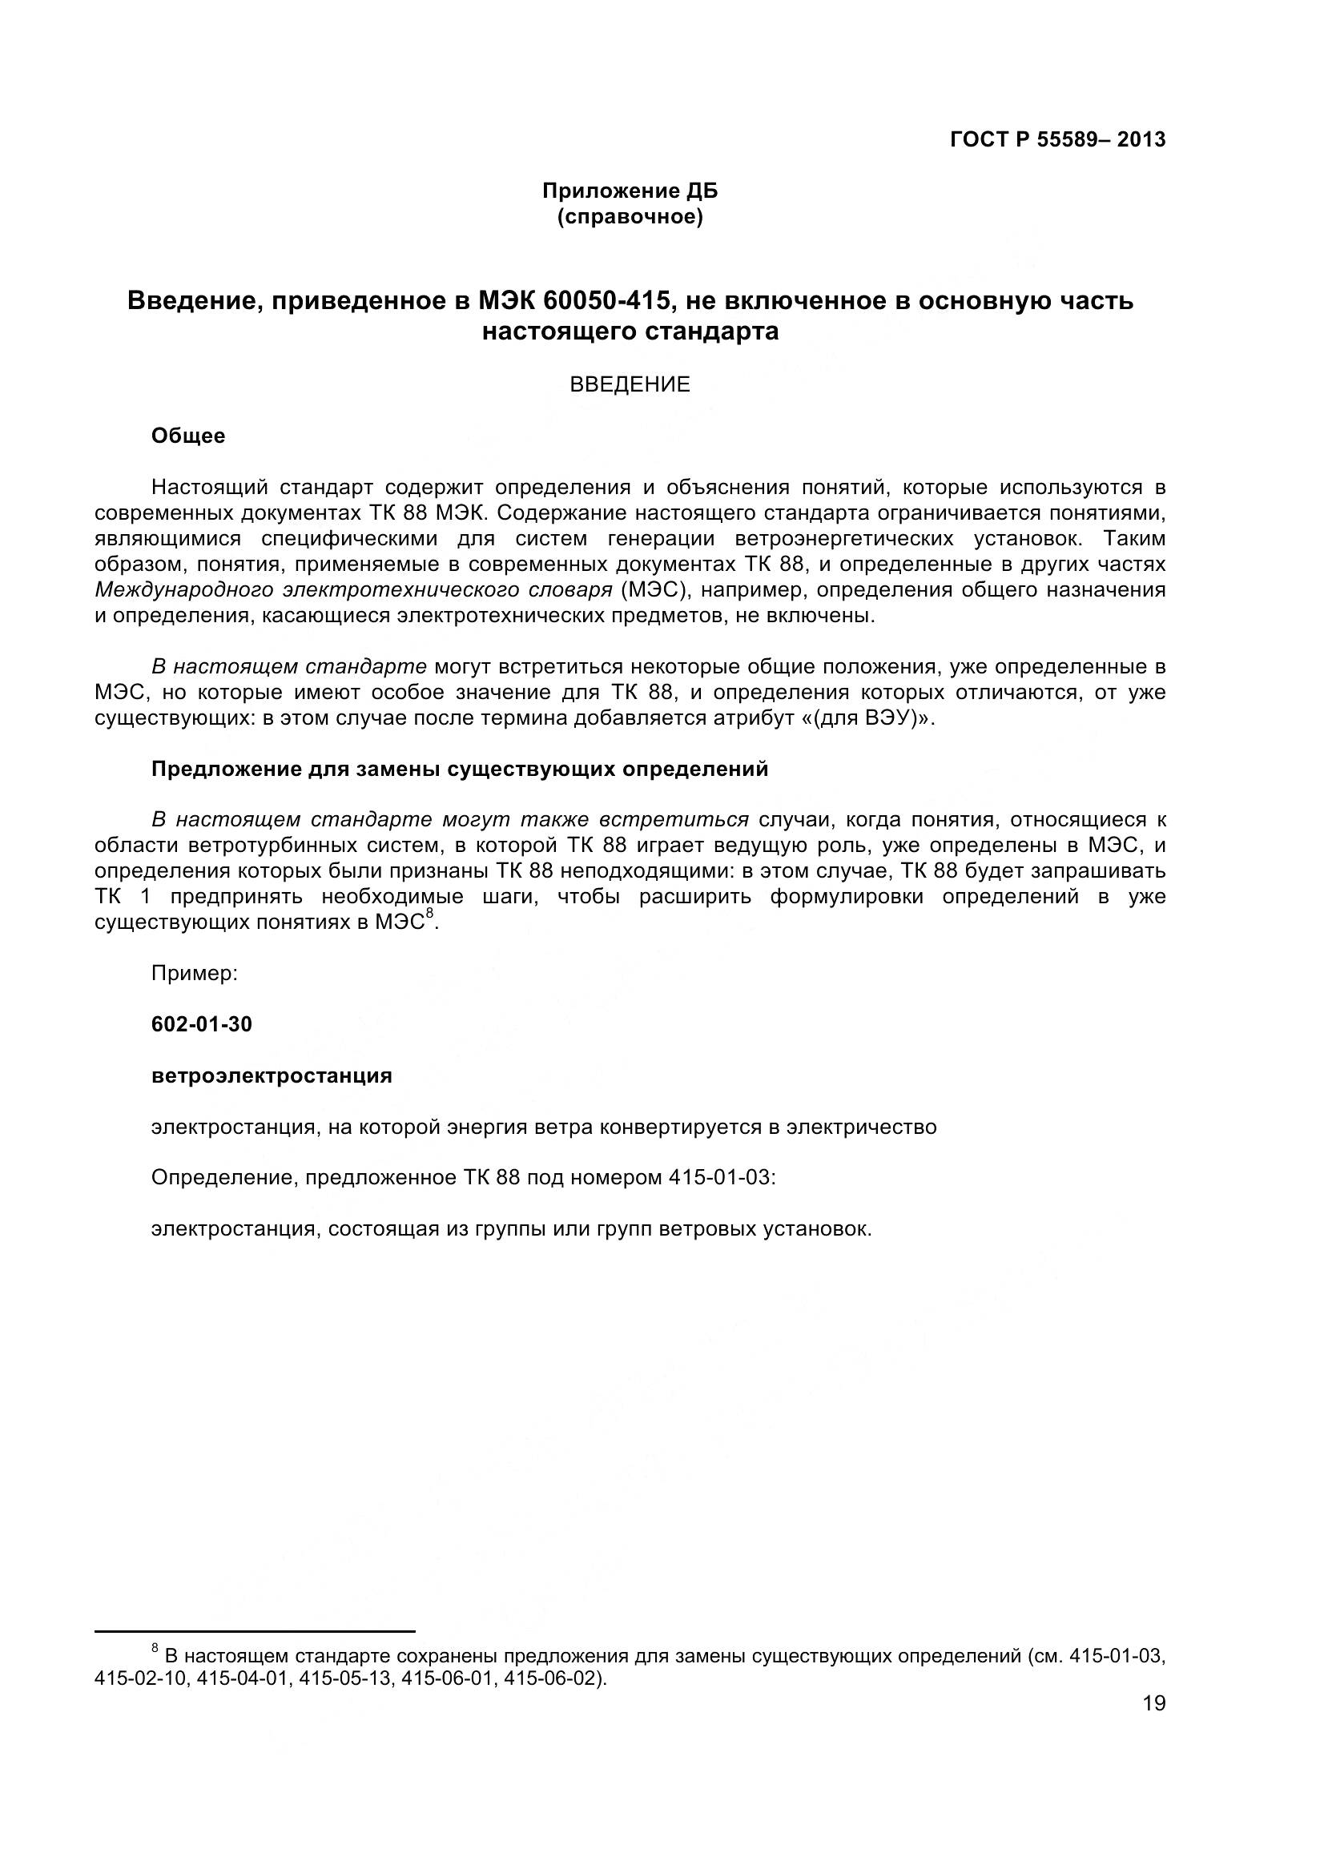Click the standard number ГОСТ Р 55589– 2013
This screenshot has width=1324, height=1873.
[x=1057, y=140]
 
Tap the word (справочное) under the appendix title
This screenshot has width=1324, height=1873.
[x=630, y=218]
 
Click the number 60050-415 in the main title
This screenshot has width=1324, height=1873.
[x=608, y=301]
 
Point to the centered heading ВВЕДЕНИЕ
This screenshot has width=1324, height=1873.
[x=630, y=384]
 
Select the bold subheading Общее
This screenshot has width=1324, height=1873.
[x=188, y=436]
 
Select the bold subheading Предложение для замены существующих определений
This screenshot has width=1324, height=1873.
[x=460, y=770]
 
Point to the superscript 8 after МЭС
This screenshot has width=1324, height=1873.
[x=430, y=917]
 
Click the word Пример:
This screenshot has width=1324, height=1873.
[x=195, y=973]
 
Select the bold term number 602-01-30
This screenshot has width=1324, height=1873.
[x=203, y=1025]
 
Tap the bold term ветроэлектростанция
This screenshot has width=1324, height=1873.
[x=272, y=1076]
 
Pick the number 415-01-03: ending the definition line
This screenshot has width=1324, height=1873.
[x=721, y=1178]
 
